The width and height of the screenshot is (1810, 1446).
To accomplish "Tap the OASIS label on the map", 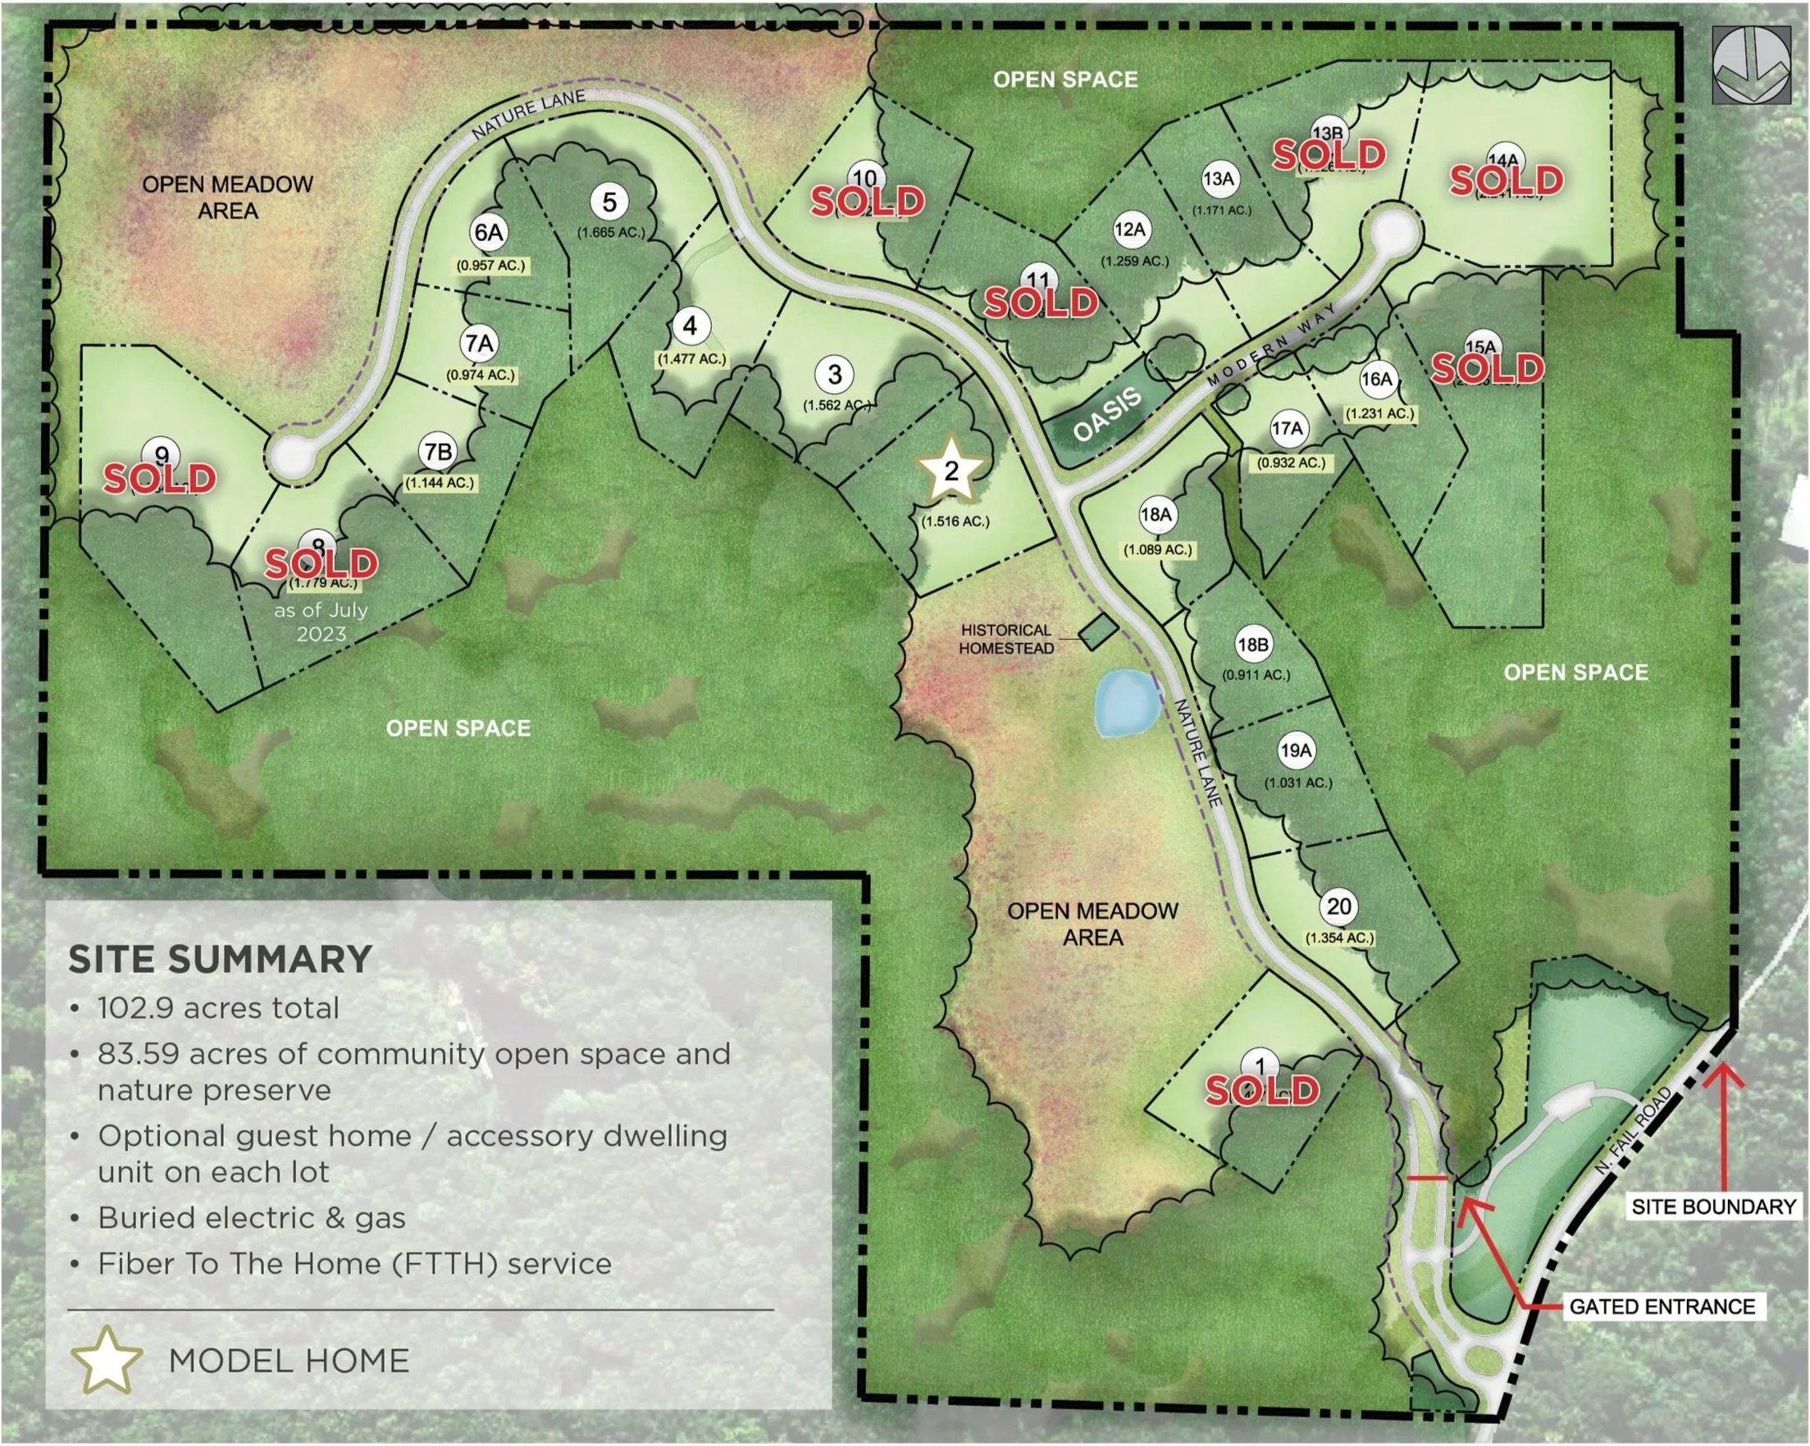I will pyautogui.click(x=1107, y=414).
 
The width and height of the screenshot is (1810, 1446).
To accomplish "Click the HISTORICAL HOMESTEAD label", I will pyautogui.click(x=1005, y=639).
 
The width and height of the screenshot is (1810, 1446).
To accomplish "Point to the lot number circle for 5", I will pyautogui.click(x=609, y=203).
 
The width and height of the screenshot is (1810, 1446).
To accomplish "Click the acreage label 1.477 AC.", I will pyautogui.click(x=691, y=358).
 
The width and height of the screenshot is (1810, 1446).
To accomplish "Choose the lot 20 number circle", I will pyautogui.click(x=1339, y=907).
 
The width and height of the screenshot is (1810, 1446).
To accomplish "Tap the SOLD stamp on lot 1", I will pyautogui.click(x=1262, y=1091).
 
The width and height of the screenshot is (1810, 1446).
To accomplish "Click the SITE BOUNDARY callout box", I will pyautogui.click(x=1712, y=1207).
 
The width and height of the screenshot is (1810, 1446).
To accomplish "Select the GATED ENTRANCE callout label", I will pyautogui.click(x=1662, y=1307).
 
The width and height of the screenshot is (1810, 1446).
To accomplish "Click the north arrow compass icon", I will pyautogui.click(x=1750, y=65).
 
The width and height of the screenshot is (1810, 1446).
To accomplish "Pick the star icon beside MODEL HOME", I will pyautogui.click(x=106, y=1360).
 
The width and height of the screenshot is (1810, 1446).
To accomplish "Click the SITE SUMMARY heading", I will pyautogui.click(x=220, y=959).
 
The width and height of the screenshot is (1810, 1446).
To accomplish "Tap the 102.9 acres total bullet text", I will pyautogui.click(x=218, y=1008).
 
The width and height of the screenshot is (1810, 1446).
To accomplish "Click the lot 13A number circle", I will pyautogui.click(x=1218, y=179).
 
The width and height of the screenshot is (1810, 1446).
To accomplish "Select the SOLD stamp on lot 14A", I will pyautogui.click(x=1506, y=180).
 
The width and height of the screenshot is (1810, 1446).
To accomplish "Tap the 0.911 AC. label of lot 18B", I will pyautogui.click(x=1256, y=674).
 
